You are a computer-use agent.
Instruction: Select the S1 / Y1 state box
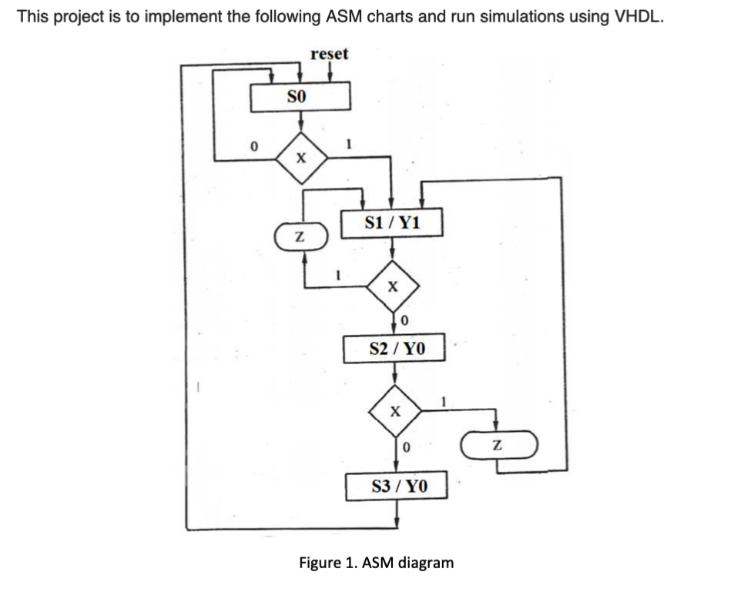392,223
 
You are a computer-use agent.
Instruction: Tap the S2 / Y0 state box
396,349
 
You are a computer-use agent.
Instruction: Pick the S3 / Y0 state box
397,486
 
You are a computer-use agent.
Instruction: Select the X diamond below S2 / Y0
395,412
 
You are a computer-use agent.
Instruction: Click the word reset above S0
329,54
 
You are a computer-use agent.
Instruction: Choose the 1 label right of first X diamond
350,143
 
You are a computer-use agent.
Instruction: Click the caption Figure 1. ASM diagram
376,562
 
